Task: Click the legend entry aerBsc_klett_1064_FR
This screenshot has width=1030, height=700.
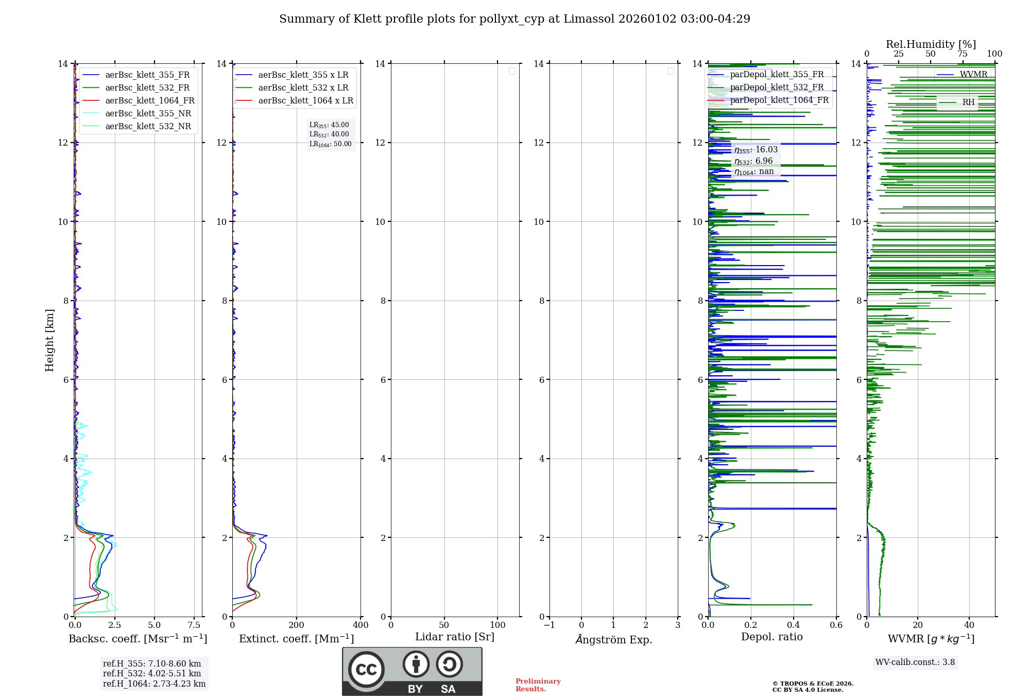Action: pyautogui.click(x=149, y=101)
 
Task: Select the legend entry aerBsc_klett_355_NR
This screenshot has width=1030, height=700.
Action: pyautogui.click(x=148, y=114)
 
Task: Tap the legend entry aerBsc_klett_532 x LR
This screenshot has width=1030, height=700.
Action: pyautogui.click(x=303, y=88)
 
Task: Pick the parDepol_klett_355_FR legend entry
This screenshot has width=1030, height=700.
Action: pyautogui.click(x=776, y=75)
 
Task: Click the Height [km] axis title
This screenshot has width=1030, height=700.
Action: pyautogui.click(x=49, y=340)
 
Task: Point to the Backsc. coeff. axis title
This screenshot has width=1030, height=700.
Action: pyautogui.click(x=138, y=639)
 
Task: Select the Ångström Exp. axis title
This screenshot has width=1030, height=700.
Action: pyautogui.click(x=613, y=639)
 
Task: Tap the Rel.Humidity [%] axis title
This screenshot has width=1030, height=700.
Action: pyautogui.click(x=931, y=44)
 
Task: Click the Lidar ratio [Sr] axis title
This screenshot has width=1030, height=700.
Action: pyautogui.click(x=454, y=637)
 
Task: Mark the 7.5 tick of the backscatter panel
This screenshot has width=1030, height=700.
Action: pyautogui.click(x=194, y=625)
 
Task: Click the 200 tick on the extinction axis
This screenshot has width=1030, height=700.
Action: pyautogui.click(x=297, y=625)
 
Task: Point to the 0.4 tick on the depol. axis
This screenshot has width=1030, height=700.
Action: pyautogui.click(x=794, y=625)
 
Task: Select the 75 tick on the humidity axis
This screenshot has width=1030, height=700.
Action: pyautogui.click(x=962, y=54)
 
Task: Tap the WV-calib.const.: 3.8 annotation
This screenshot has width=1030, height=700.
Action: pyautogui.click(x=915, y=662)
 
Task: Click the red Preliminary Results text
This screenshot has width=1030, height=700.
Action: pyautogui.click(x=538, y=685)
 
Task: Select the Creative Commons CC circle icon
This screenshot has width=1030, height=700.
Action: pyautogui.click(x=366, y=670)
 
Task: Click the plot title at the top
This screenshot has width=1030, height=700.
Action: pyautogui.click(x=514, y=19)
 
